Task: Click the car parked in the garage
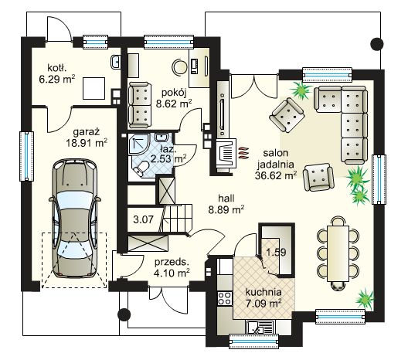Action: point(74,219)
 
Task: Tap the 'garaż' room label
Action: point(87,132)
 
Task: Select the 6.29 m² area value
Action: point(57,79)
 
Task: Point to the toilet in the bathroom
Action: point(141,168)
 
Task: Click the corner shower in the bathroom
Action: point(138,144)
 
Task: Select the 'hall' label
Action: point(226,199)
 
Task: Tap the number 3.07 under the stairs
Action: point(143,220)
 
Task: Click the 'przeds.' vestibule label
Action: point(172,262)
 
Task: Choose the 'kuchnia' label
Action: point(263,292)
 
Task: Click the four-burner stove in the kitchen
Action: point(225,298)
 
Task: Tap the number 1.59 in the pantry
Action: point(276,252)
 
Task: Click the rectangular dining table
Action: point(338,253)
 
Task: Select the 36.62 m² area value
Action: point(276,175)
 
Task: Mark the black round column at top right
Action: point(377,44)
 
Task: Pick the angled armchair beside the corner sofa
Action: point(287,115)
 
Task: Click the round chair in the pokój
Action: point(179,66)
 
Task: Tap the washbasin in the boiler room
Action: point(115,62)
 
